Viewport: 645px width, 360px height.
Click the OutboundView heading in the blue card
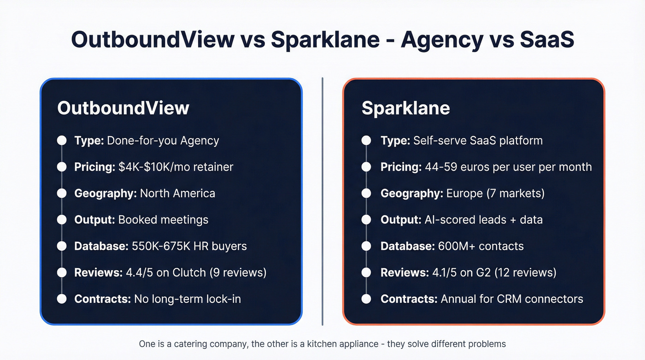(x=123, y=108)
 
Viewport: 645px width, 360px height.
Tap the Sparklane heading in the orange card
(x=405, y=108)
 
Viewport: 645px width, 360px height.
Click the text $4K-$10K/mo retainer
(x=176, y=166)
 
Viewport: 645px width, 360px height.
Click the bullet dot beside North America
(x=62, y=193)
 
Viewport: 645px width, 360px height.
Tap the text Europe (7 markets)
(x=495, y=193)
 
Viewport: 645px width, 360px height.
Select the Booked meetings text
(x=163, y=219)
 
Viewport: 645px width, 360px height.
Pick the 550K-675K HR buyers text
(x=188, y=246)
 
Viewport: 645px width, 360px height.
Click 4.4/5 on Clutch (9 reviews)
(x=196, y=272)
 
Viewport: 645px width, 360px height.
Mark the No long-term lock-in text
(x=187, y=299)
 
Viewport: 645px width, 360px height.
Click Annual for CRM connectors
(x=512, y=299)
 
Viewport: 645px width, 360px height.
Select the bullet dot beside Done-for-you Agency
(x=62, y=140)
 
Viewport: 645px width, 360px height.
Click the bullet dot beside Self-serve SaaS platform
(x=366, y=140)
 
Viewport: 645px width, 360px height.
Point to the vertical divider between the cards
(x=322, y=201)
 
